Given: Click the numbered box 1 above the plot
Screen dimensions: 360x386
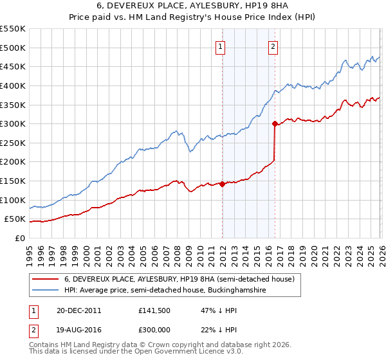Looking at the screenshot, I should click(221, 46).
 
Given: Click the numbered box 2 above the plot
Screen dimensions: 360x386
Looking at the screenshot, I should click(273, 46).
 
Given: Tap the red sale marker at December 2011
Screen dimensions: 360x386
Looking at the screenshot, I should click(222, 184).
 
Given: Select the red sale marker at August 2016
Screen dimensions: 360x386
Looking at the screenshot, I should click(275, 123).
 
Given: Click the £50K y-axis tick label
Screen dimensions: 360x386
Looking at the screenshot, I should click(15, 219).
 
